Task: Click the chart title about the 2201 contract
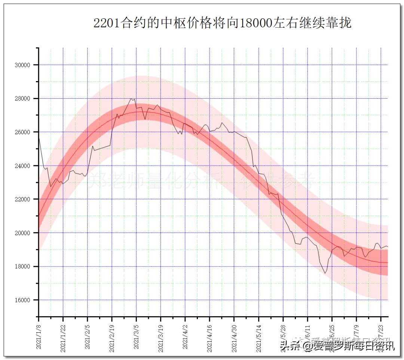click(x=222, y=23)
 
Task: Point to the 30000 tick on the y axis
click(x=22, y=65)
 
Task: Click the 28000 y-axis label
click(x=22, y=99)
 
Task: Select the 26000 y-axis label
click(x=22, y=132)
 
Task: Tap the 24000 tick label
click(x=22, y=166)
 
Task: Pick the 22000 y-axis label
click(x=22, y=199)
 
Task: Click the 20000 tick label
click(x=22, y=233)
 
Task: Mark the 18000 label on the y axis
click(x=22, y=267)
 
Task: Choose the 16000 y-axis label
click(x=22, y=300)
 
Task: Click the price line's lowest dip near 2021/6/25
click(x=325, y=273)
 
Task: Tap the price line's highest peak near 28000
click(x=131, y=99)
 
